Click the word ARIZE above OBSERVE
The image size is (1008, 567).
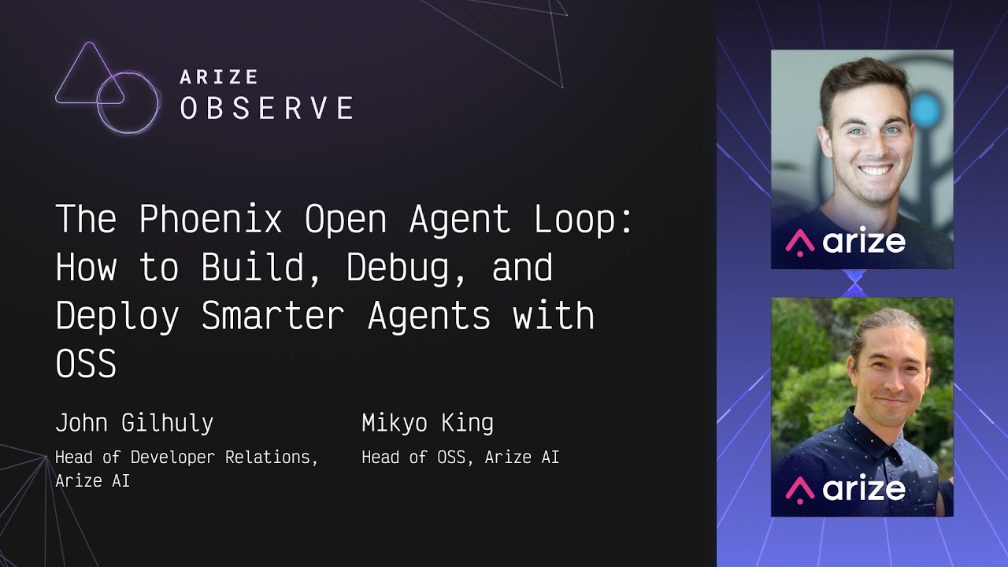(219, 77)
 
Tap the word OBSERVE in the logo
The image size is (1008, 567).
(267, 108)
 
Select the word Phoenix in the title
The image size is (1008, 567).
(210, 219)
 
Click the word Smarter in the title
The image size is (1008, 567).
(272, 316)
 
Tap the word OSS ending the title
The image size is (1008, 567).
(86, 363)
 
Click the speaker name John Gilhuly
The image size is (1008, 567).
(134, 424)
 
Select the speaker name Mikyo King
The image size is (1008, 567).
(428, 424)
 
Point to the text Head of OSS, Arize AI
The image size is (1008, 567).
(461, 458)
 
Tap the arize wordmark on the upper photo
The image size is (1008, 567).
(864, 242)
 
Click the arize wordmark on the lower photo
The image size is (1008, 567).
(864, 488)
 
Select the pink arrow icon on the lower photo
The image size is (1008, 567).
(800, 490)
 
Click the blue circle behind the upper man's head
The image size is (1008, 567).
(924, 109)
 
